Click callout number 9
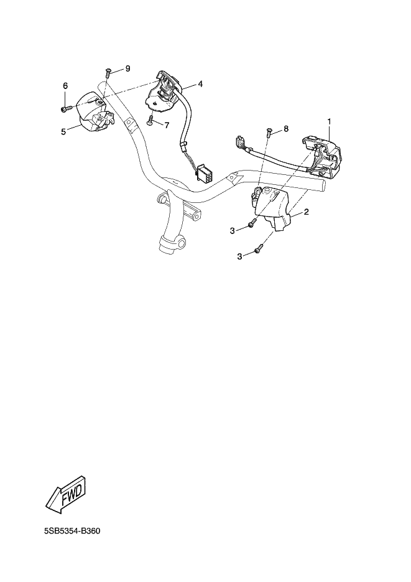(x=128, y=68)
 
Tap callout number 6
(x=65, y=86)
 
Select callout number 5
(x=63, y=131)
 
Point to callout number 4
(x=200, y=84)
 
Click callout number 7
(x=167, y=126)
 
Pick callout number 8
(x=286, y=128)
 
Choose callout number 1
(x=329, y=121)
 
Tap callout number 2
(x=307, y=212)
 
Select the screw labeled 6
(x=65, y=109)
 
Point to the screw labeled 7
(x=150, y=121)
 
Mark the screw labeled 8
(x=269, y=132)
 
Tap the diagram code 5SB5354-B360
(x=72, y=531)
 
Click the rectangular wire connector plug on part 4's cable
(x=203, y=173)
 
